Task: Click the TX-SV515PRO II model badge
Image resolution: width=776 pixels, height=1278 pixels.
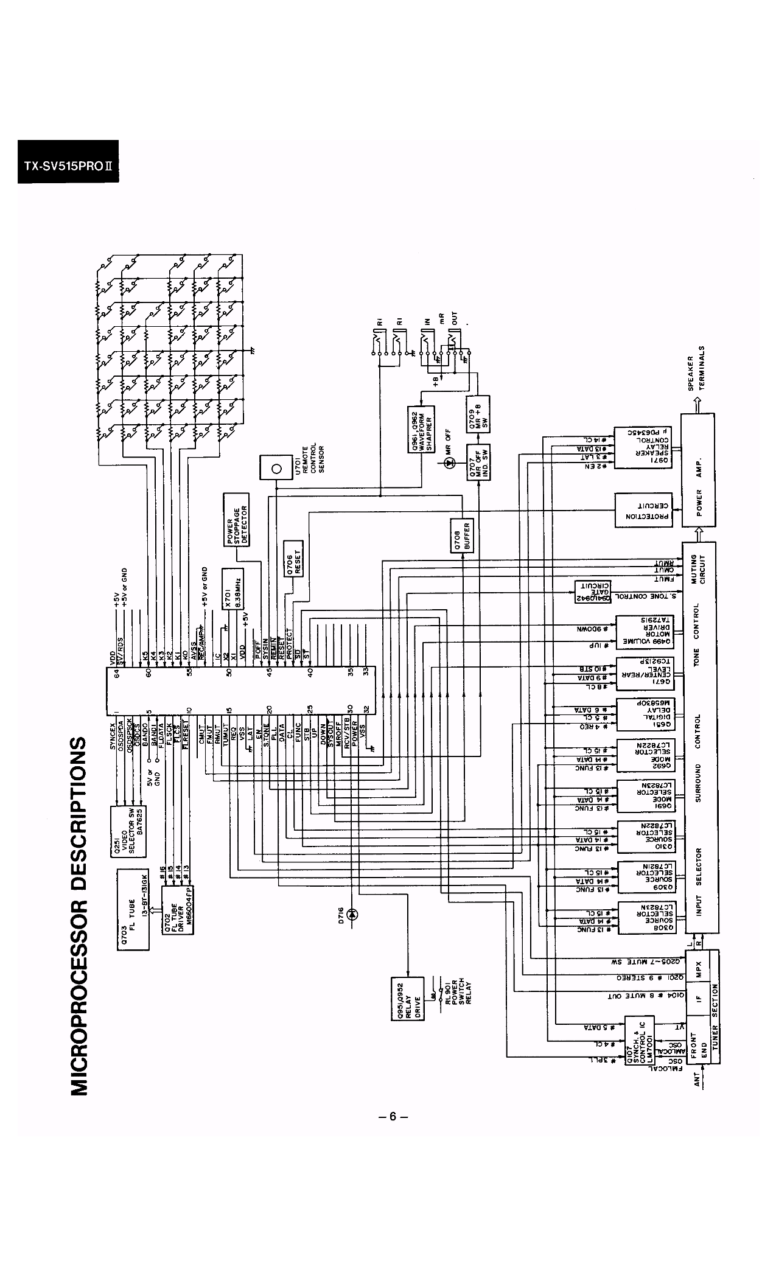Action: click(x=68, y=161)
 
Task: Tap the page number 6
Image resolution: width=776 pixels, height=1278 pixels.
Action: click(x=393, y=1116)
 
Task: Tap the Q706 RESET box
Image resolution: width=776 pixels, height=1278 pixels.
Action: click(x=294, y=557)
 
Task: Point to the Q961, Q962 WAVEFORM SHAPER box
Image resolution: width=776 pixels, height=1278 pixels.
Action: click(x=419, y=430)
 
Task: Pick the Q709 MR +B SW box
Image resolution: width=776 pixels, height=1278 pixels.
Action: click(x=478, y=413)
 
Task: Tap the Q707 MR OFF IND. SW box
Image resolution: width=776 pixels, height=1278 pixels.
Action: click(x=478, y=462)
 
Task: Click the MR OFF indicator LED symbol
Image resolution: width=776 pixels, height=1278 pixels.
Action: click(x=449, y=463)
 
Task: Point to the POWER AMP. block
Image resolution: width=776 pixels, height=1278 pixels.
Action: click(x=699, y=470)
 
